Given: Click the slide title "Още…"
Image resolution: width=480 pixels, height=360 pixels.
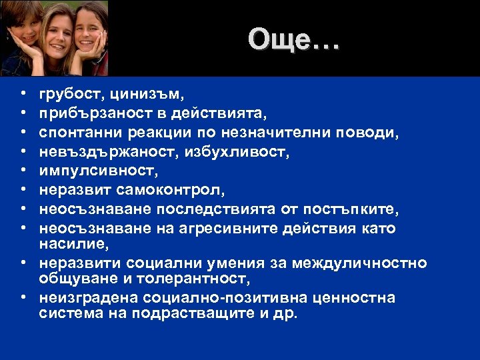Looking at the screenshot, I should [293, 40].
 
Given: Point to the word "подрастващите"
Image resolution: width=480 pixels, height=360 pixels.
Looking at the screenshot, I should [174, 313].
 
